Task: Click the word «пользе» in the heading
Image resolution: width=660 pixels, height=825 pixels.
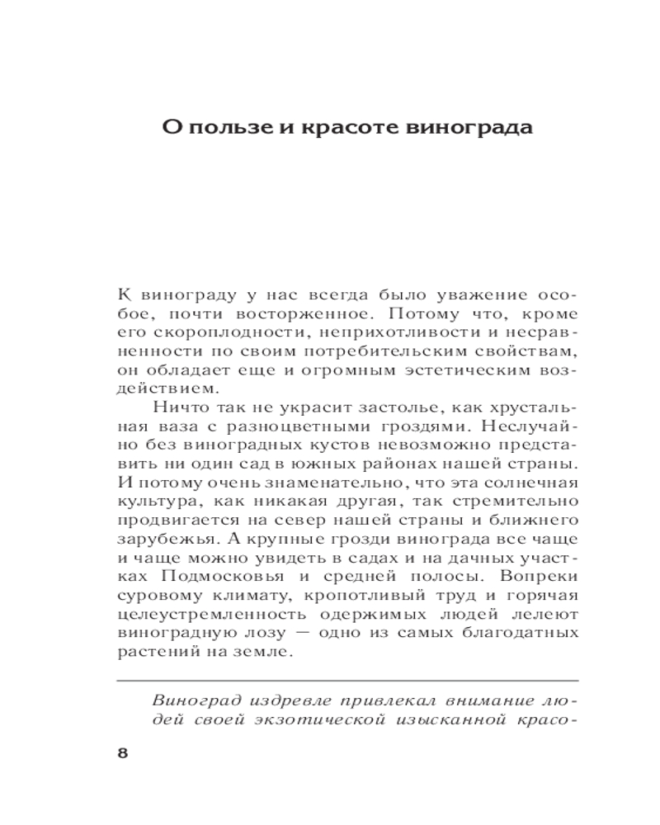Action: (x=227, y=130)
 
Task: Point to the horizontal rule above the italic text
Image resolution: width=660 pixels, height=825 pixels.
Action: (x=347, y=681)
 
